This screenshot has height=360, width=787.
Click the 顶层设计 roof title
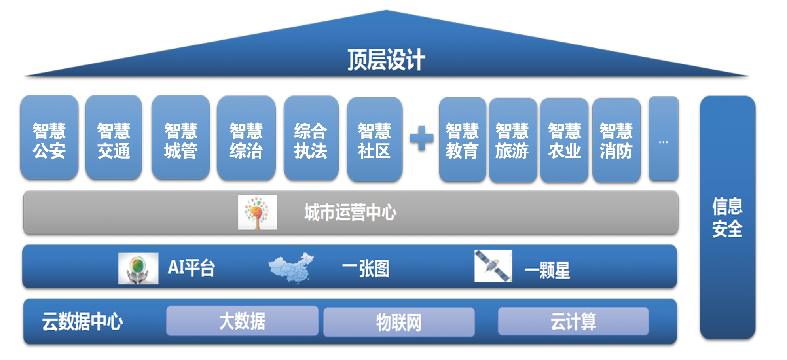coord(386,60)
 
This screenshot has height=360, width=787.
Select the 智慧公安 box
coord(49,138)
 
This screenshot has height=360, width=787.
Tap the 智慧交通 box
coord(114,138)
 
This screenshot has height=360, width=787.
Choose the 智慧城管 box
coord(181,138)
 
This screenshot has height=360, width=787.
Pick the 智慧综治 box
coord(246,138)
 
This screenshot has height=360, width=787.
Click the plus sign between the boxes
coord(421,138)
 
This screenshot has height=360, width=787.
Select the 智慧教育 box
coord(462,140)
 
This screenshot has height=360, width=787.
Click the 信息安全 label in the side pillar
coord(727,217)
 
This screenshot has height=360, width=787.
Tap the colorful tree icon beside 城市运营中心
coord(257,212)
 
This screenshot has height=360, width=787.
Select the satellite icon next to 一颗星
coord(493,266)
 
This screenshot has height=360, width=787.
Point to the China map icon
coord(291,267)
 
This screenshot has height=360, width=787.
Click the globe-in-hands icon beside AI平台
coord(138,268)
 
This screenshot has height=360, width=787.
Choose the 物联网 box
coord(399,322)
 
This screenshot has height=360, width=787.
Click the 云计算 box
coord(573,321)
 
